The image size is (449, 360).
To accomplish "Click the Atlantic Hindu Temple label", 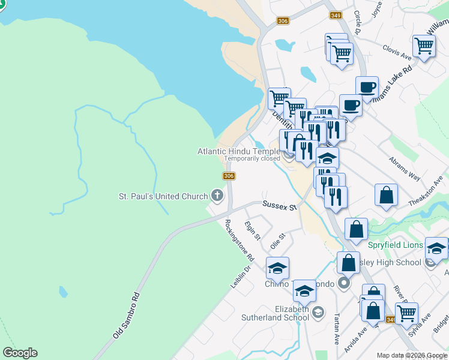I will [239, 151].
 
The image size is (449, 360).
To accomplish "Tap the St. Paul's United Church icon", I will [217, 196].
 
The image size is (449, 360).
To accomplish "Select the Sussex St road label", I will [280, 206].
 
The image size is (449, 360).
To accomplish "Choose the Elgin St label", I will [253, 230].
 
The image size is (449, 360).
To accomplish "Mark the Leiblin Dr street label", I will [240, 276].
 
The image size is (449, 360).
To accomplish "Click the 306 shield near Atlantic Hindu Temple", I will [228, 176].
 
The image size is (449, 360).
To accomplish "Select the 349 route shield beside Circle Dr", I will [336, 16].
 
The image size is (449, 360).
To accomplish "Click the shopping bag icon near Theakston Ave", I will [387, 195].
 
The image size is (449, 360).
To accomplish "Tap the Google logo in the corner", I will [20, 353].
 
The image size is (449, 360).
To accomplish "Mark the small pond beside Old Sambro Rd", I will [63, 292].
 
